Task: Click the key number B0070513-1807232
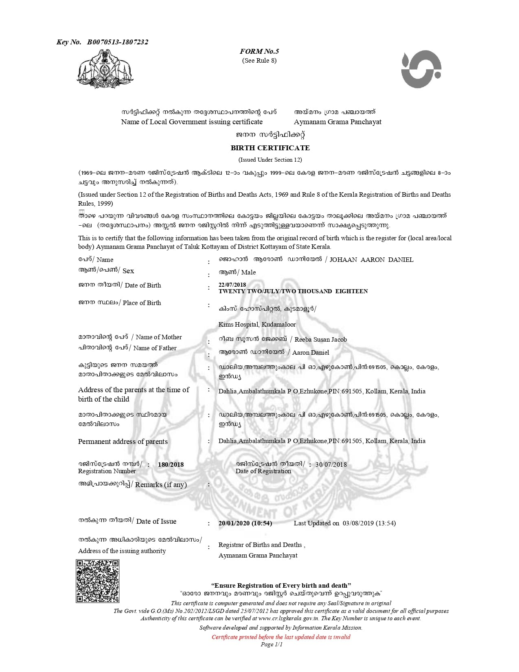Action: coord(117,42)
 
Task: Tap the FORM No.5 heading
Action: coord(259,51)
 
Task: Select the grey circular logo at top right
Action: coord(421,69)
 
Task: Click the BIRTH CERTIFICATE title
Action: coord(270,148)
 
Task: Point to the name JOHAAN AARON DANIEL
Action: coord(371,260)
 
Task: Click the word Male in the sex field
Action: coord(248,272)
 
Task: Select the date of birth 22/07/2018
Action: coord(232,285)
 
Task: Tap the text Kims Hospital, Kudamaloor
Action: coord(257,325)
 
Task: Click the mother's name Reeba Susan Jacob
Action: coord(320,340)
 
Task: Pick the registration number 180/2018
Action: coord(171,465)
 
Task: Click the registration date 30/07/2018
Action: coord(331,464)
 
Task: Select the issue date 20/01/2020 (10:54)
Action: coord(245,523)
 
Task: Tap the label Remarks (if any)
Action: coord(161,485)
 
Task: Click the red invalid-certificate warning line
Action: coord(281,637)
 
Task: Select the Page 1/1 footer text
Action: coord(272,644)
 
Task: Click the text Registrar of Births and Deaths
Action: coord(260,545)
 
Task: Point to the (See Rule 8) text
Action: coord(259,61)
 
